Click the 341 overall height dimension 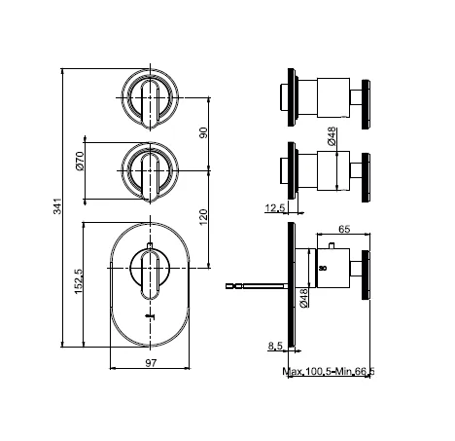[x=57, y=206]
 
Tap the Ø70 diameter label [x=80, y=161]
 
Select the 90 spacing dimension [x=203, y=132]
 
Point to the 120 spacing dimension [x=203, y=217]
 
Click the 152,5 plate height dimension [x=79, y=281]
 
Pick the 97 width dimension [x=151, y=363]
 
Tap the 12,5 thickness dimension [x=275, y=207]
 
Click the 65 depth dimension [x=344, y=229]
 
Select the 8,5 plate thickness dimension [x=275, y=347]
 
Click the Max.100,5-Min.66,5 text [x=329, y=371]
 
